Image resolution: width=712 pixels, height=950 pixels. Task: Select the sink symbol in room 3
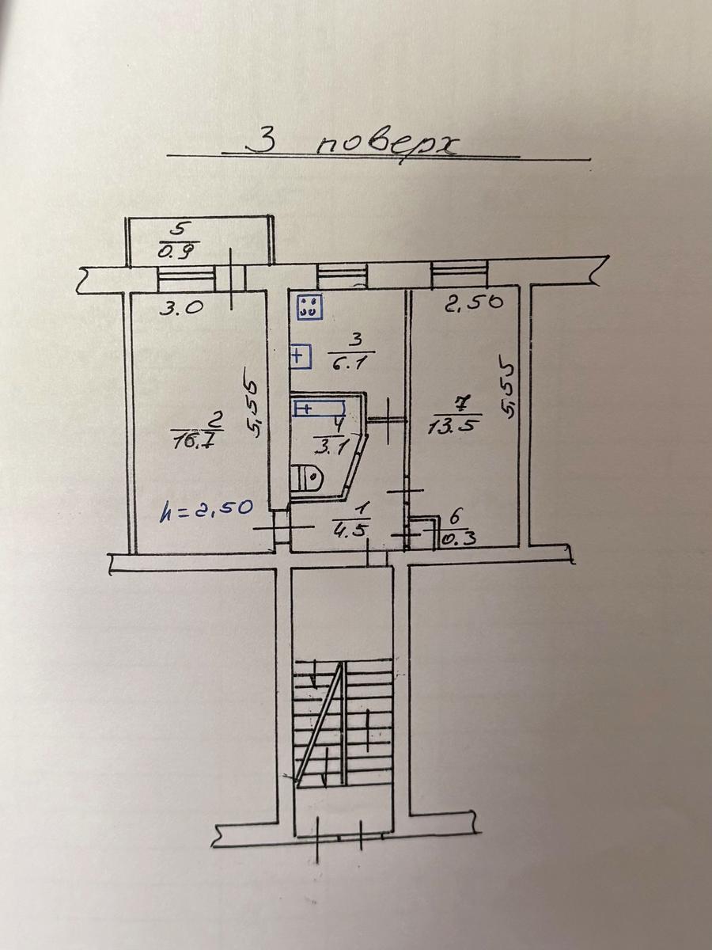[x=301, y=357]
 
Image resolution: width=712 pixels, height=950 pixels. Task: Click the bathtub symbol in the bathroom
[x=320, y=408]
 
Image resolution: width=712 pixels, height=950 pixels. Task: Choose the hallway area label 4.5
[x=351, y=530]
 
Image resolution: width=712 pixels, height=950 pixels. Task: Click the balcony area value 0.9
[x=178, y=251]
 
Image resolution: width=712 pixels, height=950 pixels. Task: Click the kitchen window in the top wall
[x=342, y=275]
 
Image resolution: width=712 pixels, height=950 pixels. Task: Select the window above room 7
[x=459, y=274]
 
